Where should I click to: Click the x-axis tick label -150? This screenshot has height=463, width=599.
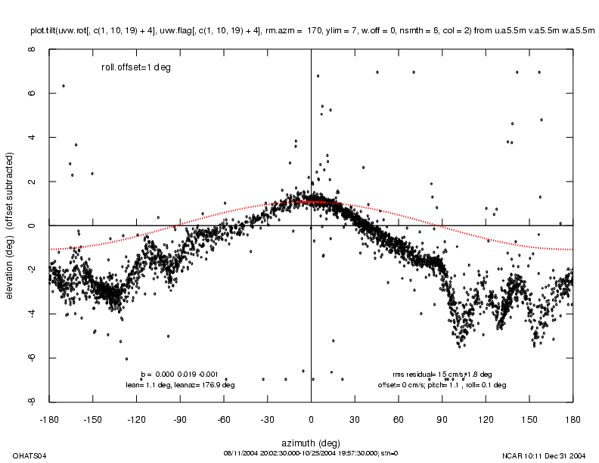point(93,418)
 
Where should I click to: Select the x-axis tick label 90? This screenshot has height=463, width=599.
point(442,418)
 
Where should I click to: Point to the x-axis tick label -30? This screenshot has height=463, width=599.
point(268,418)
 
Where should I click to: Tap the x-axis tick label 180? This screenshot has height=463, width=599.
point(573,418)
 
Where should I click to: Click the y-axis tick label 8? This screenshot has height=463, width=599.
point(32,50)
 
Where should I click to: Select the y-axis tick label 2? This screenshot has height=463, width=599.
point(32,182)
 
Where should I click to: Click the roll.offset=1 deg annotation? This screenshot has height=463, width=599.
point(136,67)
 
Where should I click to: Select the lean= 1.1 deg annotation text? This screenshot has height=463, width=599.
point(180,385)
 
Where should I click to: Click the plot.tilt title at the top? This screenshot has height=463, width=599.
point(312,31)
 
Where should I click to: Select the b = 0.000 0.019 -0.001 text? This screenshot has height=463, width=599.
point(180,374)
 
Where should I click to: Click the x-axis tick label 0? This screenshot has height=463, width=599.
point(312,418)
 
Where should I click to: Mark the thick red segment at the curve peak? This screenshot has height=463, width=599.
point(313,202)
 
